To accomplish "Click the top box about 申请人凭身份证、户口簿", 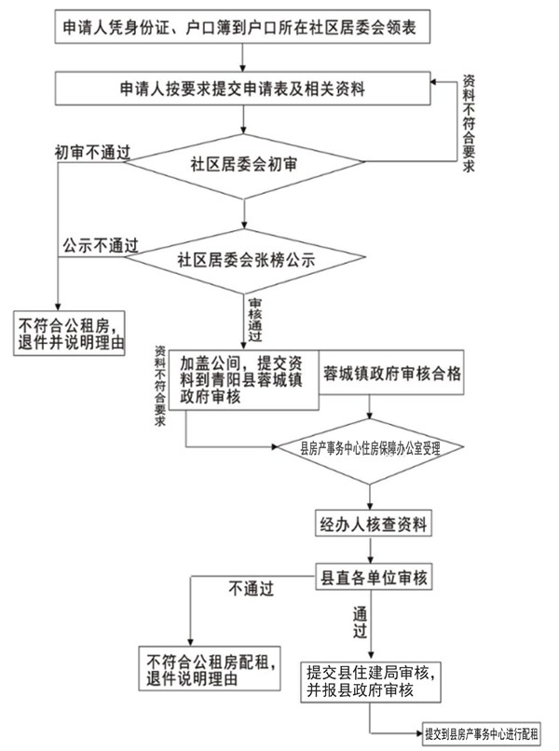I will [242, 28].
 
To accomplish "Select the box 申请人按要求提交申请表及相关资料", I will [242, 89].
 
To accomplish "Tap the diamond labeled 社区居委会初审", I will [244, 165].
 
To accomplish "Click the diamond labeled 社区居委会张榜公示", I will [244, 258].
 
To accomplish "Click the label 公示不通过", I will [100, 246].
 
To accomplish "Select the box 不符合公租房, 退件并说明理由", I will [70, 334].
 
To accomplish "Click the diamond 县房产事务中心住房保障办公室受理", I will [370, 447].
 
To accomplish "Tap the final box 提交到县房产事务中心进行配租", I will [482, 733].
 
